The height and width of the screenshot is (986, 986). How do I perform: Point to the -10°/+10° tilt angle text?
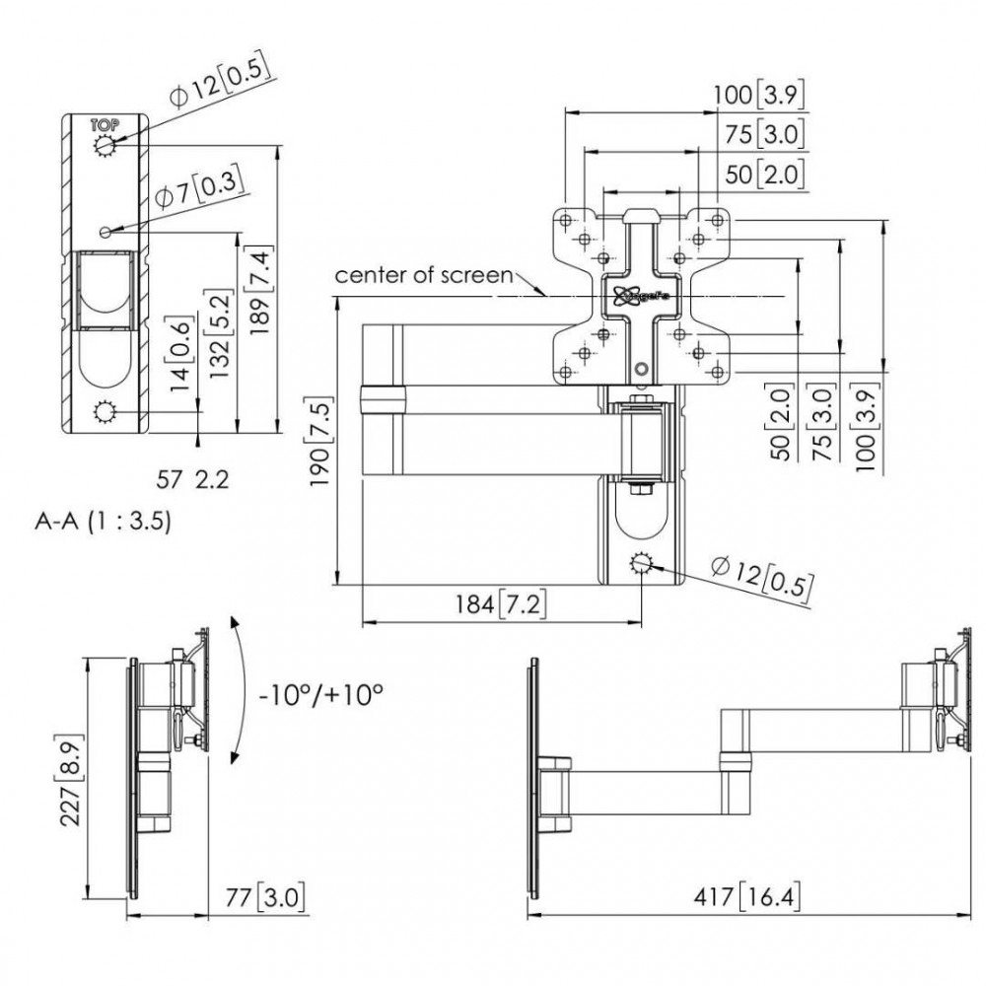coord(320,694)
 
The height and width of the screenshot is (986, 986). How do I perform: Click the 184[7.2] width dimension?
coord(502,603)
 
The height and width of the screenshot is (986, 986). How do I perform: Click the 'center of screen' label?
coord(424,274)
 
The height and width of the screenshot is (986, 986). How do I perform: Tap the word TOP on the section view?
coord(104,125)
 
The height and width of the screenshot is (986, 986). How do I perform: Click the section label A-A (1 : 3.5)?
coord(103,523)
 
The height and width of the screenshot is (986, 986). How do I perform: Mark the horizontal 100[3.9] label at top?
coord(760,95)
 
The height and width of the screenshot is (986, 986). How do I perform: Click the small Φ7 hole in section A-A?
coord(105,232)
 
